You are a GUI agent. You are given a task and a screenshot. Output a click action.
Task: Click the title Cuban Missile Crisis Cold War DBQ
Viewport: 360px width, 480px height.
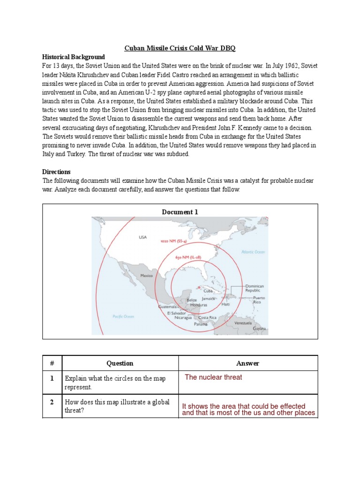[180, 48]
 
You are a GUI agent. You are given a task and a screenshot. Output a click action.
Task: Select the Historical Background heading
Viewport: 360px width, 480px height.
[74, 57]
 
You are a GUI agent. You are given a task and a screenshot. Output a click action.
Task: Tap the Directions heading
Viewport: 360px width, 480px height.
[57, 172]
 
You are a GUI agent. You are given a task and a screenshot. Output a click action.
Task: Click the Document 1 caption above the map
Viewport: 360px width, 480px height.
[180, 212]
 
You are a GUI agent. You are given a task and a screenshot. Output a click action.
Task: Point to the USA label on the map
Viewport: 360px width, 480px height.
[142, 237]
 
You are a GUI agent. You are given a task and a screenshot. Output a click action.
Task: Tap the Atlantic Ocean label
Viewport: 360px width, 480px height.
[253, 252]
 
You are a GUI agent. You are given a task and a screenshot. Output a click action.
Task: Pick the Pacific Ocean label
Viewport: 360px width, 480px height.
[123, 316]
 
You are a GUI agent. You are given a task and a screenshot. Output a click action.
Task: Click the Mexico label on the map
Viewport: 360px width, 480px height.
[147, 276]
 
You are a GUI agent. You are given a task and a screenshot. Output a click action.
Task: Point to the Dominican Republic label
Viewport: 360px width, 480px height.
[255, 288]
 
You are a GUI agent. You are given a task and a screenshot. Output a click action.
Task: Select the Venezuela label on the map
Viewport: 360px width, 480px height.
[243, 323]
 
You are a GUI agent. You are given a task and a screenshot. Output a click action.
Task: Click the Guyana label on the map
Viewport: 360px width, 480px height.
[259, 329]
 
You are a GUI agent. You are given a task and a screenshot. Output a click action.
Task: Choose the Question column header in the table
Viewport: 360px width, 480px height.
[120, 363]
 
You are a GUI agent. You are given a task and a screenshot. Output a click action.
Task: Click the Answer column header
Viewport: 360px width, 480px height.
[248, 363]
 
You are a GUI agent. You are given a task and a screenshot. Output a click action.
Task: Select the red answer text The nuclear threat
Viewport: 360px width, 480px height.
[213, 377]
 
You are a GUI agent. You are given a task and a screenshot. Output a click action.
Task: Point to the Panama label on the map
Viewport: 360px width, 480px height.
[201, 324]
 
